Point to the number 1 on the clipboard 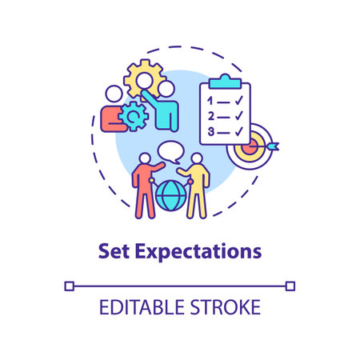click(210, 101)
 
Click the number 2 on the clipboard click(210, 116)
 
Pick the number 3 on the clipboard click(210, 131)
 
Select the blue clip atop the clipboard click(223, 81)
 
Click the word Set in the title click(111, 250)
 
